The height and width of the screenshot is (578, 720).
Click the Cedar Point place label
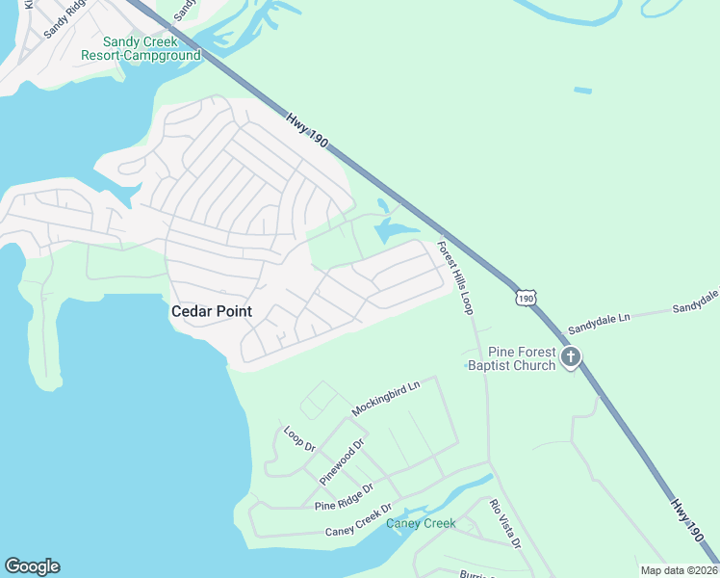211,311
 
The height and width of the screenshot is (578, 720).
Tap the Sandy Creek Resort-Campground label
152,48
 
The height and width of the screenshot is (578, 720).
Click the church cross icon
571,358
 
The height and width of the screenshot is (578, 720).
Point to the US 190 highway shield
525,299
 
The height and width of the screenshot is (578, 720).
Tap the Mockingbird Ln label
386,397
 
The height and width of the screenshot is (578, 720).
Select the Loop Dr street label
299,439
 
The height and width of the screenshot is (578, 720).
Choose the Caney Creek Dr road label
359,520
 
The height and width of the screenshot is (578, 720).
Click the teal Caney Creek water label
421,524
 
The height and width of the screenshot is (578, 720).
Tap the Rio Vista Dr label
504,524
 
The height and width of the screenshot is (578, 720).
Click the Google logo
32,566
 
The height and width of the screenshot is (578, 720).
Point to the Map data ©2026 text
678,570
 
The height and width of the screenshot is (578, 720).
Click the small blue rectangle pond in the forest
582,91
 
